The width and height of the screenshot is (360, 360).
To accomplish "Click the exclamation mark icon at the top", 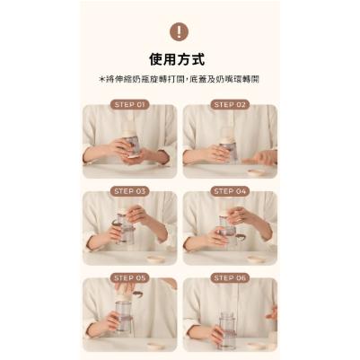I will pos(180,32).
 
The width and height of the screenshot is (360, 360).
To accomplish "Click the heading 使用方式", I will pos(180,60).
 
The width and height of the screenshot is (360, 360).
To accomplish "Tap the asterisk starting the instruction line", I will pos(102,80).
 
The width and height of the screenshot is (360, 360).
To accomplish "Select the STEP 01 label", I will pos(129,104).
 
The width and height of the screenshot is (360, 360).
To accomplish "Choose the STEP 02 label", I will pos(229,104).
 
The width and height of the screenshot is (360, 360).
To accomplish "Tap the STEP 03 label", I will pos(129,191).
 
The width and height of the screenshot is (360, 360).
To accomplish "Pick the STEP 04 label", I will pos(229,191).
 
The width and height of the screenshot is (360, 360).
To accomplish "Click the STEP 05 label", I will pos(129,278).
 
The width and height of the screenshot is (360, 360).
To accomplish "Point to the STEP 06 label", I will pos(229,278).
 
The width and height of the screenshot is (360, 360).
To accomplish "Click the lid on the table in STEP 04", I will pos(257,258).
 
